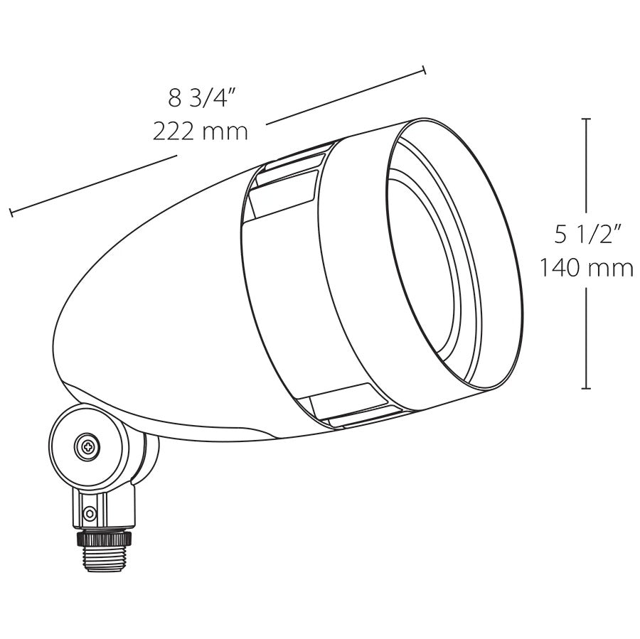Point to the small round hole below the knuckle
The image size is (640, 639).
pos(88,513)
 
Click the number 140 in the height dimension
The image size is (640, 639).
pos(560,268)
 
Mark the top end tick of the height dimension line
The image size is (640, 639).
pos(586,119)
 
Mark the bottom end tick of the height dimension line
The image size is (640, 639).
pos(586,388)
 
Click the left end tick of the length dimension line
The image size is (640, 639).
pos(10,212)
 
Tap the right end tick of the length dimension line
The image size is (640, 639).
pos(425,70)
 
